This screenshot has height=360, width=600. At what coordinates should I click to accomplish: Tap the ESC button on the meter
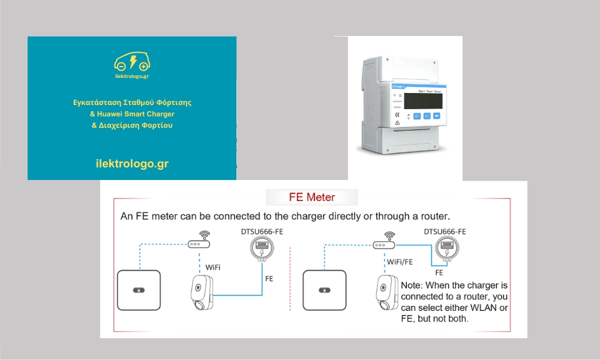tap(427, 116)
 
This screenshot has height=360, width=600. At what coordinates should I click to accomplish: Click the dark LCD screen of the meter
tap(423, 98)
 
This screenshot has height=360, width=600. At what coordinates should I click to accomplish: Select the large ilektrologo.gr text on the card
tap(132, 163)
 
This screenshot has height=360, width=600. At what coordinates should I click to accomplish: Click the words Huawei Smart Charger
tap(132, 114)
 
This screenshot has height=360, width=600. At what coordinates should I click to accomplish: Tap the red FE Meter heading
tap(312, 197)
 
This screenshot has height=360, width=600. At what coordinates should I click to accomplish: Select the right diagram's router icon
tap(383, 245)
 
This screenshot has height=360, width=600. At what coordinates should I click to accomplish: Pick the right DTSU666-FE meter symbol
tap(446, 247)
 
